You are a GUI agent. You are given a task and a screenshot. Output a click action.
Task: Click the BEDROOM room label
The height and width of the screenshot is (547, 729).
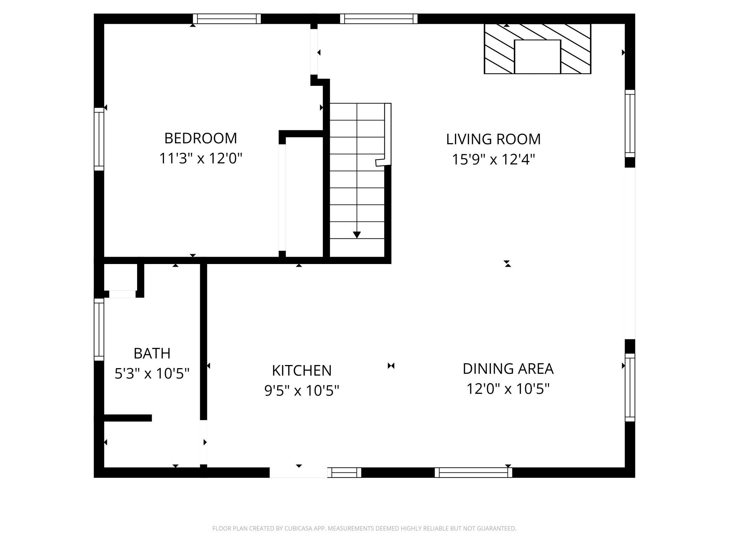[x=200, y=138]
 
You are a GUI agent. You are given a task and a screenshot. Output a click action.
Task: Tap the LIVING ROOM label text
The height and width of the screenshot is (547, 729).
[x=493, y=139]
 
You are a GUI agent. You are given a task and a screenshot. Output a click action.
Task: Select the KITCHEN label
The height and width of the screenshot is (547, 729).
[x=301, y=371]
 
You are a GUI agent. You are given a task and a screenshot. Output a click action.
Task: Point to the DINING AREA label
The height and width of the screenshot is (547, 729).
[x=508, y=369]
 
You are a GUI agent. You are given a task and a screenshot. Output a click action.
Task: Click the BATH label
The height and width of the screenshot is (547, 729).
[x=152, y=353]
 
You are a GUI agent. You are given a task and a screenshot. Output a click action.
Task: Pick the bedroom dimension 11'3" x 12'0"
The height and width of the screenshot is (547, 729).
[x=201, y=158]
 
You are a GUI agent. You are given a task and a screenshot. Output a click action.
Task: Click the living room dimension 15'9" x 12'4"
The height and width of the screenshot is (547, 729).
[x=493, y=160]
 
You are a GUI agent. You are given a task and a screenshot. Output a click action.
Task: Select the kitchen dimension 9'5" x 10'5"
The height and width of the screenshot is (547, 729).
[x=301, y=390]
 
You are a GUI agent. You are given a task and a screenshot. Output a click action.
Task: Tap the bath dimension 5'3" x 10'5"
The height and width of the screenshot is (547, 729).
[x=152, y=373]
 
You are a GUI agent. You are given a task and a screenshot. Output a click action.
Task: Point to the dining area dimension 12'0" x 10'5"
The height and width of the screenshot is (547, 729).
[x=508, y=389]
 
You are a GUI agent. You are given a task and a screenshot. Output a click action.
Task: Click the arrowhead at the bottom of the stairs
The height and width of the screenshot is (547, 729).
[x=357, y=235]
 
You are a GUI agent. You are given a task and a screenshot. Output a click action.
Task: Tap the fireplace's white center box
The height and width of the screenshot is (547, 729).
[x=537, y=56]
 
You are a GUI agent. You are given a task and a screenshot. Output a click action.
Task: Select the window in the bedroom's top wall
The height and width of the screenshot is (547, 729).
[x=227, y=19]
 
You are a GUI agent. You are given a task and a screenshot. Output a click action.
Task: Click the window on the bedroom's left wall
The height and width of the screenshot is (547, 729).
[x=99, y=139]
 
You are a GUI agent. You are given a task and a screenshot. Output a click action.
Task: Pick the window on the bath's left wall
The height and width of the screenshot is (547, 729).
[x=99, y=329]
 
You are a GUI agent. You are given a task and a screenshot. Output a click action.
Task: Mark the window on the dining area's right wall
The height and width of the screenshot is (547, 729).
[x=630, y=387]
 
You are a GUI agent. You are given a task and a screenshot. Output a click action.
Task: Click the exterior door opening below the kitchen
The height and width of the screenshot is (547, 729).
[x=298, y=472]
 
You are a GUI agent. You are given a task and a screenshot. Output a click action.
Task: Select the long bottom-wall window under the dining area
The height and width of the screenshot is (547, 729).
[x=473, y=472]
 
